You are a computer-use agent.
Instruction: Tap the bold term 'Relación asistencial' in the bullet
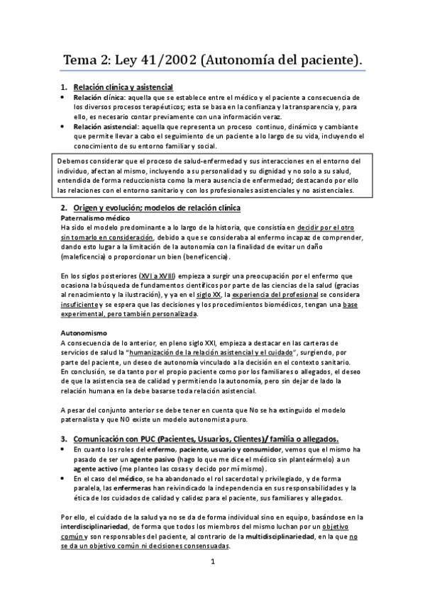click(x=104, y=125)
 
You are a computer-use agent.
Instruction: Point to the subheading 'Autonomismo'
click(x=84, y=332)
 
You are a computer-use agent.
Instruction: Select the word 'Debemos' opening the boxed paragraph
click(x=72, y=161)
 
